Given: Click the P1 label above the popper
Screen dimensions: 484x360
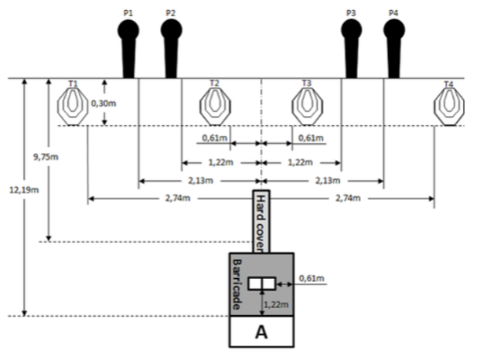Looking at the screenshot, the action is (x=128, y=13).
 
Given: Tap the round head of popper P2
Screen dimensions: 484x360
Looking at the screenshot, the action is (x=171, y=30).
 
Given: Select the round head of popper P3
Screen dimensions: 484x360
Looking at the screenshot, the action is (x=352, y=30).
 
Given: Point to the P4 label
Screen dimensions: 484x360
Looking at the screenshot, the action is (x=393, y=13).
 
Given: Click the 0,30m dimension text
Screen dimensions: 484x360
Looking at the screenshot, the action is (x=103, y=103).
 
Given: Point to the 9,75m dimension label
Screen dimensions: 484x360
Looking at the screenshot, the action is (x=46, y=157).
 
